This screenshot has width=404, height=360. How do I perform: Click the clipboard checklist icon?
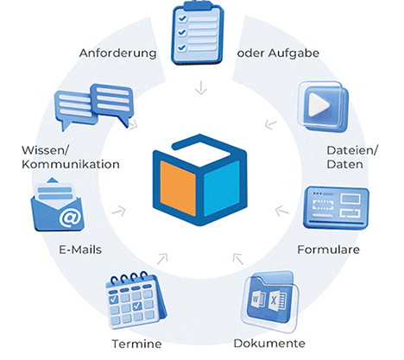tap(198, 32)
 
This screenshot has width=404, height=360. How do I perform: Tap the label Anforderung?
tap(118, 54)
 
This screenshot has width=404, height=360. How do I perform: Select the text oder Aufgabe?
tap(278, 54)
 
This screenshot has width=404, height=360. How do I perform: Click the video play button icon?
tap(324, 106)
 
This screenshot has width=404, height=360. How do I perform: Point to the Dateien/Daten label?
tap(351, 157)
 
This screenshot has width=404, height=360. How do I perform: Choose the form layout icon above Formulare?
tap(336, 207)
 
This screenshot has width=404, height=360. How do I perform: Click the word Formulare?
tap(328, 249)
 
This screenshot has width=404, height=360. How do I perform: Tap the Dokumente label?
tap(269, 344)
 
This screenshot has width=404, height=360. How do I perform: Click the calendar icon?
tap(136, 300)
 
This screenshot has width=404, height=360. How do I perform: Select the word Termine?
tap(136, 344)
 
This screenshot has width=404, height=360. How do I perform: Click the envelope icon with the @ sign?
tap(57, 205)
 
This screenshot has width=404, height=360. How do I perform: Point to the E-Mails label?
tap(80, 249)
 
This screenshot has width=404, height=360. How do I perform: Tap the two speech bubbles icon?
tap(94, 107)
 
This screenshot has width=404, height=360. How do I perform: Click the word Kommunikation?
tap(71, 164)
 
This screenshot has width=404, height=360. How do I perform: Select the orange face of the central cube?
tap(178, 188)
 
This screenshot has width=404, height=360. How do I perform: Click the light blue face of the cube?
tap(222, 188)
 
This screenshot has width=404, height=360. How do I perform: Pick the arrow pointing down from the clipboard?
tap(201, 87)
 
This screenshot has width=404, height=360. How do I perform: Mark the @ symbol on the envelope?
tap(70, 218)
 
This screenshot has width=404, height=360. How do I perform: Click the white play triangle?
tap(318, 105)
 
